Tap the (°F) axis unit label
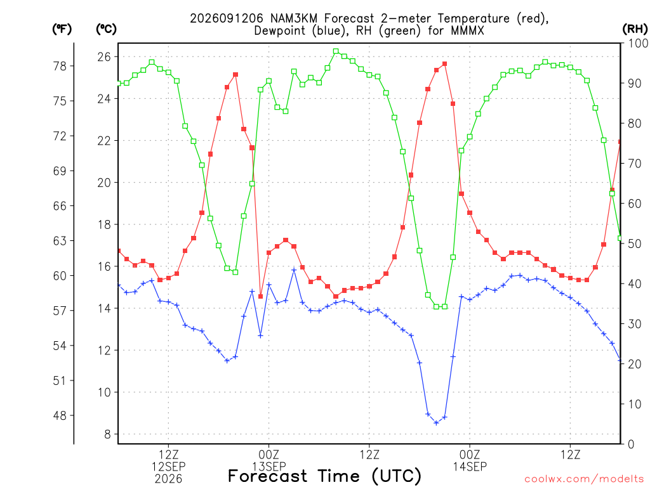62,29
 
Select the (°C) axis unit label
106,29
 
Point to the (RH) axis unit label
635,29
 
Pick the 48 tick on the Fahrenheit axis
60,415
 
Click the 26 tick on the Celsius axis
104,56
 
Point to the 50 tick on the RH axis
635,243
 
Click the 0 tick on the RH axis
631,445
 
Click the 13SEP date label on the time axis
269,467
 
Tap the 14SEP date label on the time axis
470,467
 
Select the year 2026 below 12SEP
168,479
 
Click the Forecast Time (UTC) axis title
324,476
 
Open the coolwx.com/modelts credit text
584,479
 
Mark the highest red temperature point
445,64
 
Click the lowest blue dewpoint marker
436,423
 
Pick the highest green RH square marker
336,51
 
